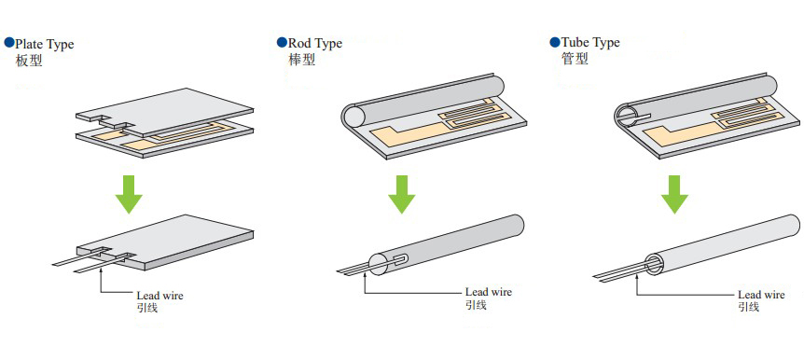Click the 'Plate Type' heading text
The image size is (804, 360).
(44, 44)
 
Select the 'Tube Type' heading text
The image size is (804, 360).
(590, 43)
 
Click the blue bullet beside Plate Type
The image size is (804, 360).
(8, 43)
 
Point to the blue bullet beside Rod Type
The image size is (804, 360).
(281, 43)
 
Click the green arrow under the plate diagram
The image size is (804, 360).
(129, 193)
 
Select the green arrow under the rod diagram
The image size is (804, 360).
(401, 193)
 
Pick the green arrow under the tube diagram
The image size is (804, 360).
(674, 193)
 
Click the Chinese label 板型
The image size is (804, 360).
(29, 61)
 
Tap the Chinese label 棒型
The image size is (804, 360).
(301, 60)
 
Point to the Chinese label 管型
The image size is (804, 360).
(575, 60)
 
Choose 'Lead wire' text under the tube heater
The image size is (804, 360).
(761, 295)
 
